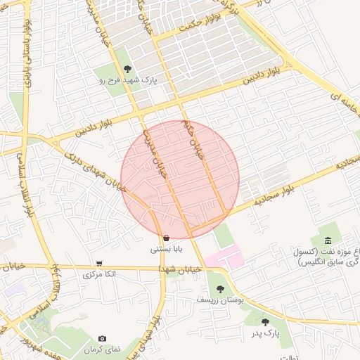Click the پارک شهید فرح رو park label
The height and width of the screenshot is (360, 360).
tap(127, 81)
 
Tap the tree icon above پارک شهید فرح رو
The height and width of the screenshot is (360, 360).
tap(127, 69)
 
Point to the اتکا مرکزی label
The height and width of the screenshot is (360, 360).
tap(98, 274)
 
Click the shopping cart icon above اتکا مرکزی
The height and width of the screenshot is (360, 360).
tap(98, 264)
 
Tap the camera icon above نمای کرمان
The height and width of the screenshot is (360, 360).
tap(103, 339)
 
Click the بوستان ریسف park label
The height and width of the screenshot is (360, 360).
tap(221, 300)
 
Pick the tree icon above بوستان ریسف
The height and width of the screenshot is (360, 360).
tap(221, 288)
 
